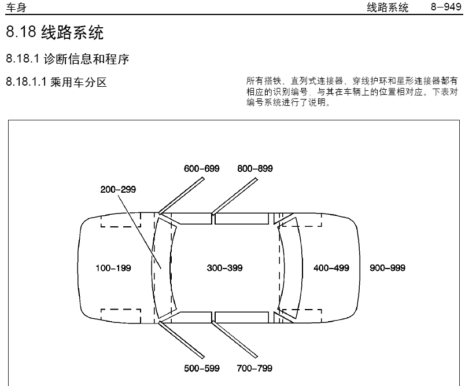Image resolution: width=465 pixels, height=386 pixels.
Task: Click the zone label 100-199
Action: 113,268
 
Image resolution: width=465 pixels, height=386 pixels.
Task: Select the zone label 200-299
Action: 118,189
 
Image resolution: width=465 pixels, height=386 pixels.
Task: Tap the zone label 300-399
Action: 224,268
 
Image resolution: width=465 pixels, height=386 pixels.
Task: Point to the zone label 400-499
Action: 331,268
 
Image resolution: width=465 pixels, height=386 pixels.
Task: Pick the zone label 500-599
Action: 202,368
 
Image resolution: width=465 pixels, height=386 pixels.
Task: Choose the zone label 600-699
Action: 202,168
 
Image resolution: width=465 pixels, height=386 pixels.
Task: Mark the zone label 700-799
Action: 254,368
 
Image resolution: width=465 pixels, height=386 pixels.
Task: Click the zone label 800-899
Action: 254,168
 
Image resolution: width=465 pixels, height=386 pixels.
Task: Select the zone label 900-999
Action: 387,268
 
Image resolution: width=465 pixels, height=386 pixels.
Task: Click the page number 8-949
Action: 446,7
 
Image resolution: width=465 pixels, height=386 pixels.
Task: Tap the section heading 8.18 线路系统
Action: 55,32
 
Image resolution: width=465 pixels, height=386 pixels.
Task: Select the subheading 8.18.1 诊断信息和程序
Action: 68,59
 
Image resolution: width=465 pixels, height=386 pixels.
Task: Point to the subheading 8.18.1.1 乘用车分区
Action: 56,82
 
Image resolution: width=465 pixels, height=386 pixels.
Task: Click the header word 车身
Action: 16,8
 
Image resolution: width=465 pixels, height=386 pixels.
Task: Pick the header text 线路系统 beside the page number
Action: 387,8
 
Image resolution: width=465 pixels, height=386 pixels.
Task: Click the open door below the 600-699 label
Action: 182,196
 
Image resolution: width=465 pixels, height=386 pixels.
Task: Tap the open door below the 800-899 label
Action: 235,196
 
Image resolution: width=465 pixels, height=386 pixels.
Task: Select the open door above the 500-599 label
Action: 182,340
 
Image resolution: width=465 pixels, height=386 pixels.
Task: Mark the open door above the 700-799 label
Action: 235,340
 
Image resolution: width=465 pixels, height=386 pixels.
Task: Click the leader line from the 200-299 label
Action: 140,231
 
